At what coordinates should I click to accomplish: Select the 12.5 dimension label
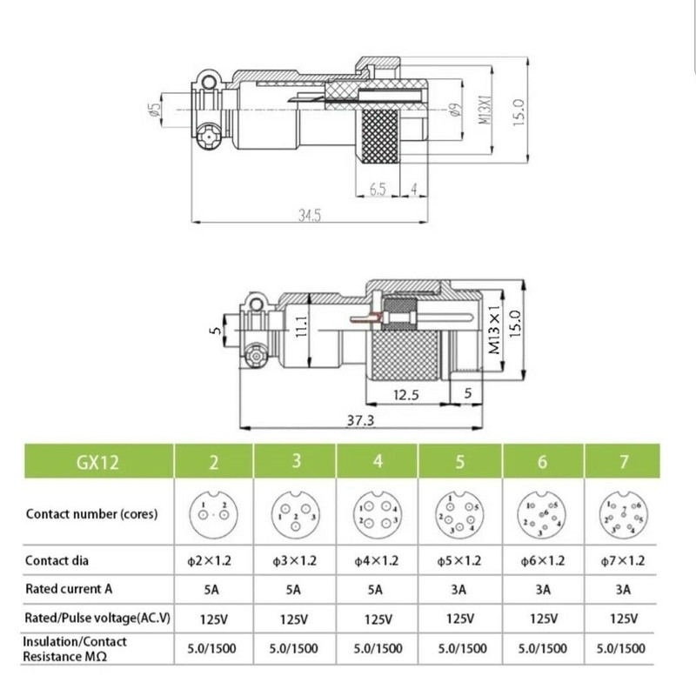point(406,395)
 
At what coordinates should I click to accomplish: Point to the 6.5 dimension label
point(377,187)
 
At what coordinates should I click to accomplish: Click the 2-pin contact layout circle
point(213,512)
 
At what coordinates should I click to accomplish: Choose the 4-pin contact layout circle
point(378,512)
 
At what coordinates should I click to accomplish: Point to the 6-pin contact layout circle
point(541,512)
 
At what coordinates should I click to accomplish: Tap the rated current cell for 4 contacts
point(378,589)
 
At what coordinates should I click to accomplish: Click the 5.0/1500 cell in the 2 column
point(213,648)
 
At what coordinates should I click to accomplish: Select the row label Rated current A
point(70,589)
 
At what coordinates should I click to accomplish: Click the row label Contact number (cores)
point(91,513)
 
